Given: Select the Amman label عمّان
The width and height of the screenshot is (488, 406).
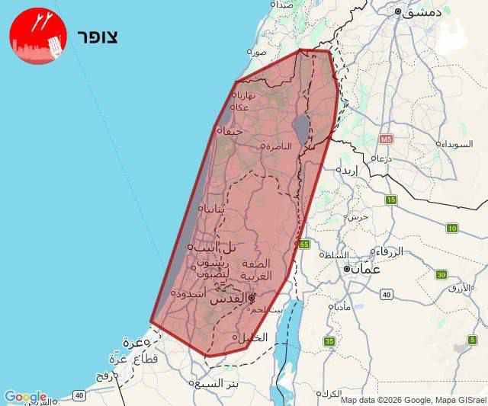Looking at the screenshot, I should [x=364, y=269].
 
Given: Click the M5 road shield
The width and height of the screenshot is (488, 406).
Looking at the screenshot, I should [x=385, y=139].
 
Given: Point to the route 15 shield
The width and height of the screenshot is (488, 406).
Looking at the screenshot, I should [x=391, y=200].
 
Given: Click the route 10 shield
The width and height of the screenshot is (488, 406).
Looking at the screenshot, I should [x=452, y=228].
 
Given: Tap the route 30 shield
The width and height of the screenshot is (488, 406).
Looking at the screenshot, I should [x=441, y=274].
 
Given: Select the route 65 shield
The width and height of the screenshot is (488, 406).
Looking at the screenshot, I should [x=304, y=245].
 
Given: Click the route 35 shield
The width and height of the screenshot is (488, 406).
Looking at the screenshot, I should [x=329, y=341].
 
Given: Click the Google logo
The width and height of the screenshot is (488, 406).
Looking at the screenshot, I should [x=24, y=397].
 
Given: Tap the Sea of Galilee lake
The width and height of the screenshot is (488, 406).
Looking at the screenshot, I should [x=302, y=129].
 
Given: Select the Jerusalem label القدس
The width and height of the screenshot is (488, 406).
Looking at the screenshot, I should [x=231, y=299].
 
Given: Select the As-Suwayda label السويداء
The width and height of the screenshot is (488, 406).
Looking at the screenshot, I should [x=455, y=143].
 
